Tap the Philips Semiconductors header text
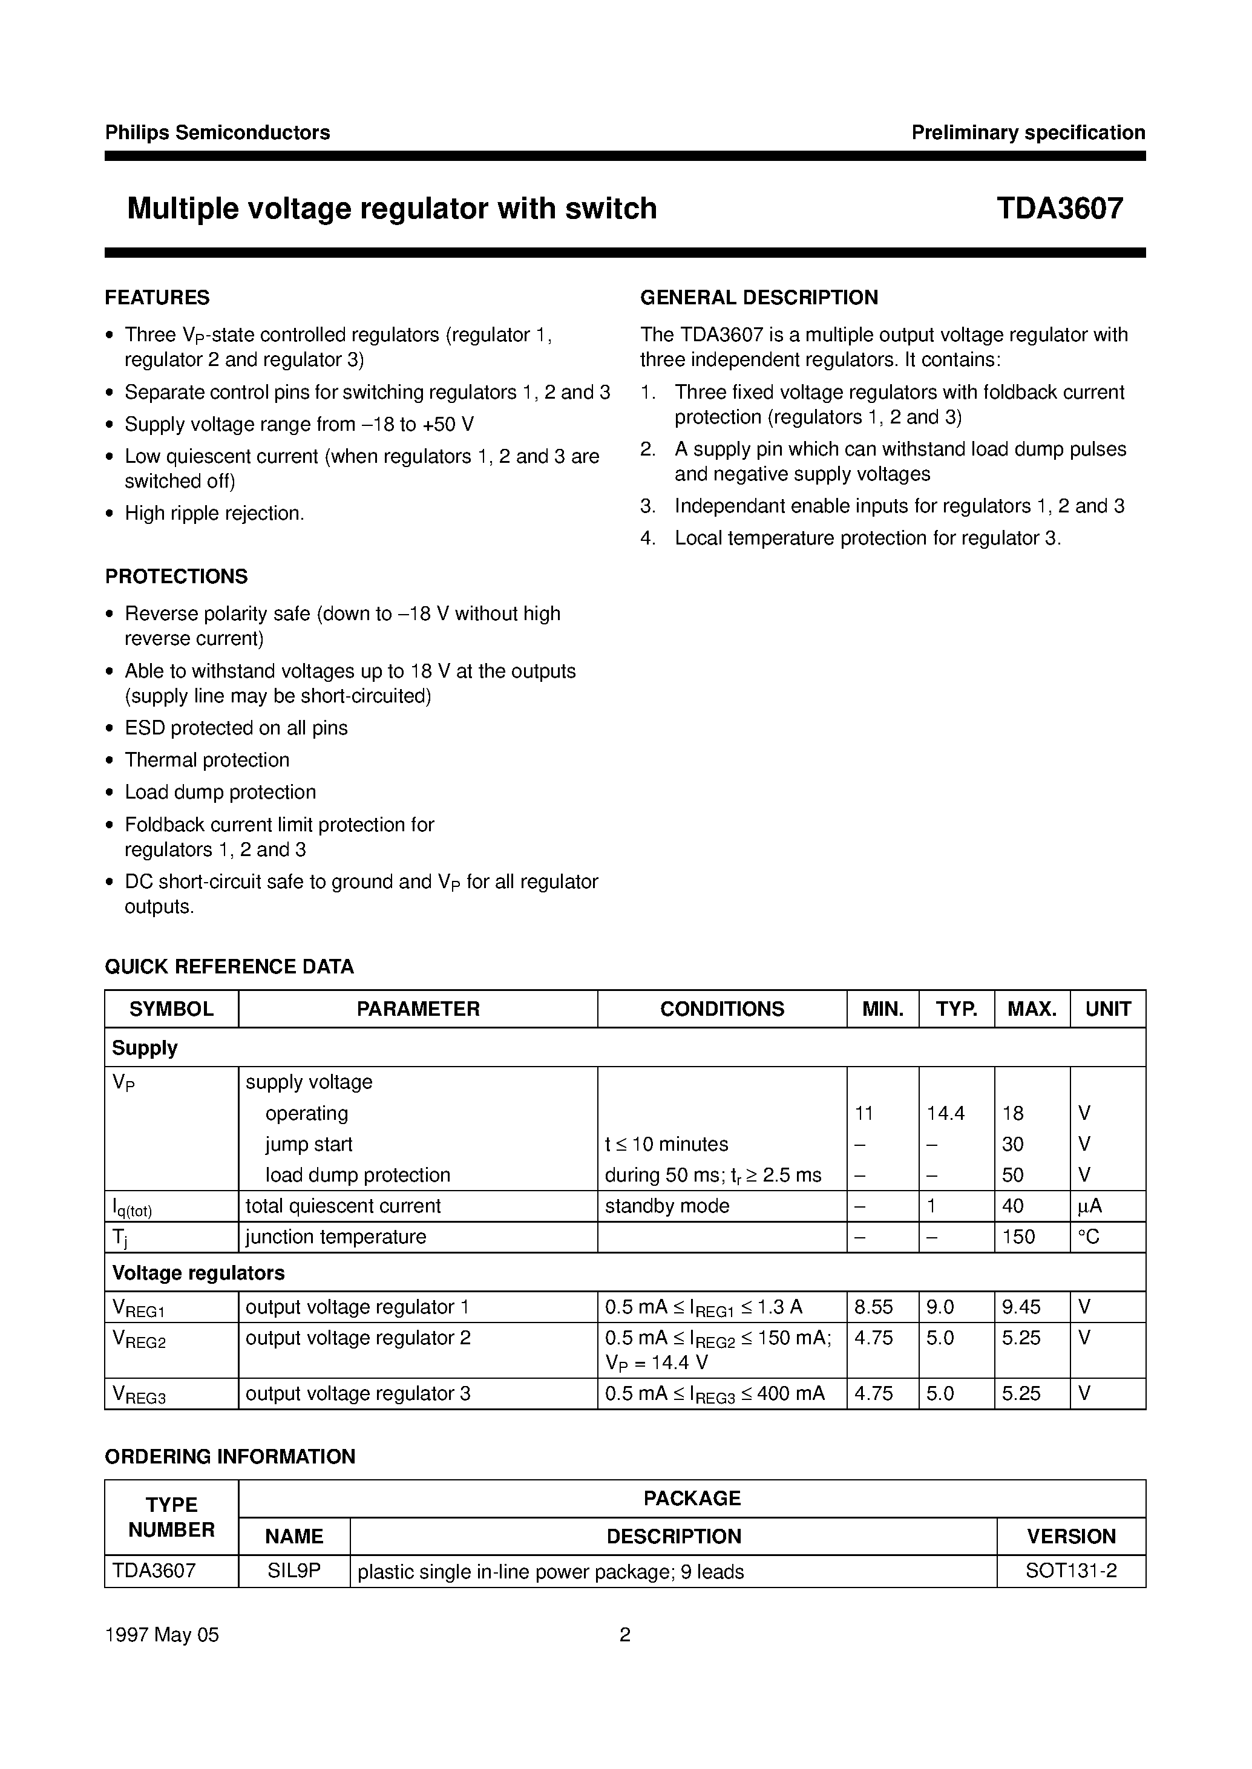pos(217,132)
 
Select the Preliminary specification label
pos(1027,132)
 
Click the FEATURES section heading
pos(157,298)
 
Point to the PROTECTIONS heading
pos(177,577)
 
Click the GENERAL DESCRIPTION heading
pos(759,298)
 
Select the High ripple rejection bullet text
pos(214,514)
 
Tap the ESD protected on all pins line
pos(236,728)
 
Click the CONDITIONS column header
pos(721,1009)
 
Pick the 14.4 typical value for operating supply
pos(945,1113)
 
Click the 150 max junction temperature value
pos(1018,1237)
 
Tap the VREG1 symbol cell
pos(140,1307)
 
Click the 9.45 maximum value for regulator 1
pos(1021,1307)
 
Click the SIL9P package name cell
pos(293,1571)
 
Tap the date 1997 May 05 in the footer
pos(162,1634)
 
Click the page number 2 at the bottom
pos(625,1634)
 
